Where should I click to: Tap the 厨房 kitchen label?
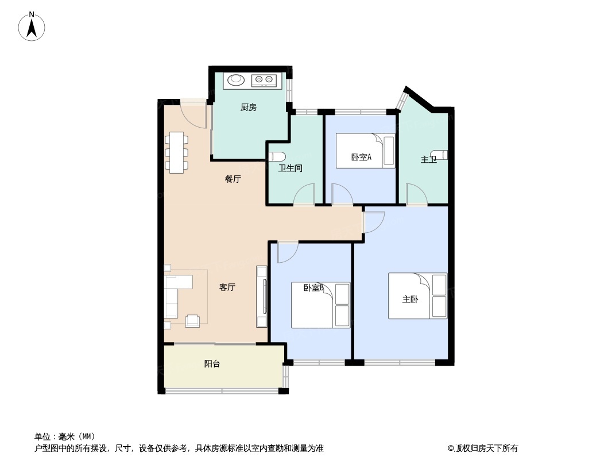[248, 107]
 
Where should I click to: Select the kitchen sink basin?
[236, 80]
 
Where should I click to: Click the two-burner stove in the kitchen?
[264, 80]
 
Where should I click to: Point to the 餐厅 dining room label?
[233, 179]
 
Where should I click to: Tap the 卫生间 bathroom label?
[290, 168]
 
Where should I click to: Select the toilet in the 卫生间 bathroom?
[277, 156]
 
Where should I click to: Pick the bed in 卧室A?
[366, 151]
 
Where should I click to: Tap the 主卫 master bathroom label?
[428, 159]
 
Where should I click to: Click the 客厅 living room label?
[227, 287]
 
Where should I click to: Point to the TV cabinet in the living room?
[262, 297]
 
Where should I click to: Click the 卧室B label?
[314, 287]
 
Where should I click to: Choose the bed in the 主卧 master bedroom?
[417, 296]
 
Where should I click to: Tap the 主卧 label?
[410, 300]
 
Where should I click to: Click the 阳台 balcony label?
[212, 364]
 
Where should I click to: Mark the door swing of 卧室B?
[286, 252]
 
